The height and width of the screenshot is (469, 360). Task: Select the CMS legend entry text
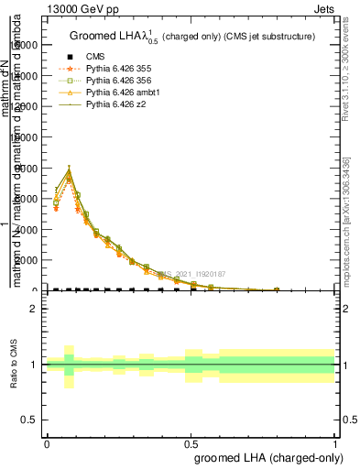95,57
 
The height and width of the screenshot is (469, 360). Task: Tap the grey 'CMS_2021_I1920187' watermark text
187,274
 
